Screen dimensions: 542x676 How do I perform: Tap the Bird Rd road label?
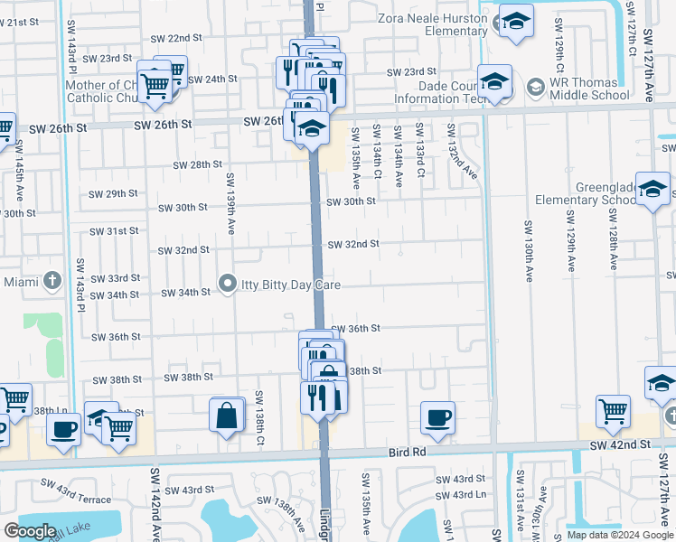coord(407,451)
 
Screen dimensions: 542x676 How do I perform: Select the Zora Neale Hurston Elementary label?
coord(432,24)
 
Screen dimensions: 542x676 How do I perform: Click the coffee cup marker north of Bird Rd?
coord(438,417)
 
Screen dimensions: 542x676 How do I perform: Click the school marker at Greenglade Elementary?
coord(653,189)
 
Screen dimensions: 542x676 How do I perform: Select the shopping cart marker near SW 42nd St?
coord(614,411)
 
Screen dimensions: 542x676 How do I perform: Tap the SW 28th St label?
coord(198,164)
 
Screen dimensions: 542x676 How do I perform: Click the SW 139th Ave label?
coord(231,194)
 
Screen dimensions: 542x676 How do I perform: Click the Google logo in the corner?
coord(30,531)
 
